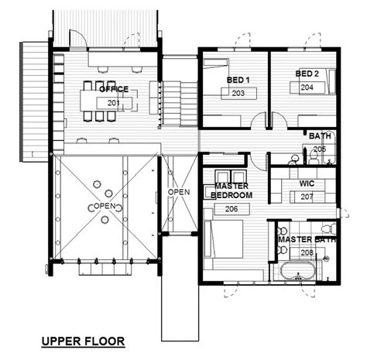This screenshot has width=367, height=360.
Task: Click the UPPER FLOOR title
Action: [x=83, y=341]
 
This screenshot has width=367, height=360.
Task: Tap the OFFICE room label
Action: [x=114, y=89]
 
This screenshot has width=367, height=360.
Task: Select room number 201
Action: [x=114, y=103]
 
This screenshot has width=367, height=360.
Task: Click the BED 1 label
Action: [x=238, y=80]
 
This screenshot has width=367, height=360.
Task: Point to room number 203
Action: [x=238, y=93]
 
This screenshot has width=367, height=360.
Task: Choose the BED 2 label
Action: [x=307, y=74]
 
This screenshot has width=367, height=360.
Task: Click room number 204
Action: [x=307, y=87]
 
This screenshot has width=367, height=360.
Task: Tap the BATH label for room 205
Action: [x=320, y=136]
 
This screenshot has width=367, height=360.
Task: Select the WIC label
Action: [x=307, y=183]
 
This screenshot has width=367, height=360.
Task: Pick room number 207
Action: [x=307, y=197]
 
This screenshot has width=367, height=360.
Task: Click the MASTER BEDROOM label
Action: [x=232, y=190]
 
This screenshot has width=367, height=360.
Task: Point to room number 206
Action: [x=232, y=209]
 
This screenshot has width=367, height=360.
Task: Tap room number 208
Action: [x=307, y=252]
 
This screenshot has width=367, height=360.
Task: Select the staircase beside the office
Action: [x=180, y=103]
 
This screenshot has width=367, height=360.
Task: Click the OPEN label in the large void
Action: [x=105, y=206]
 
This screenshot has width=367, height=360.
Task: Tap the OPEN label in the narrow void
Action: [x=179, y=192]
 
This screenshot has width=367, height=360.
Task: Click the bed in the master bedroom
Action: [x=224, y=239]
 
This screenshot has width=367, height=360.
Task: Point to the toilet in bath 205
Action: [x=314, y=157]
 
